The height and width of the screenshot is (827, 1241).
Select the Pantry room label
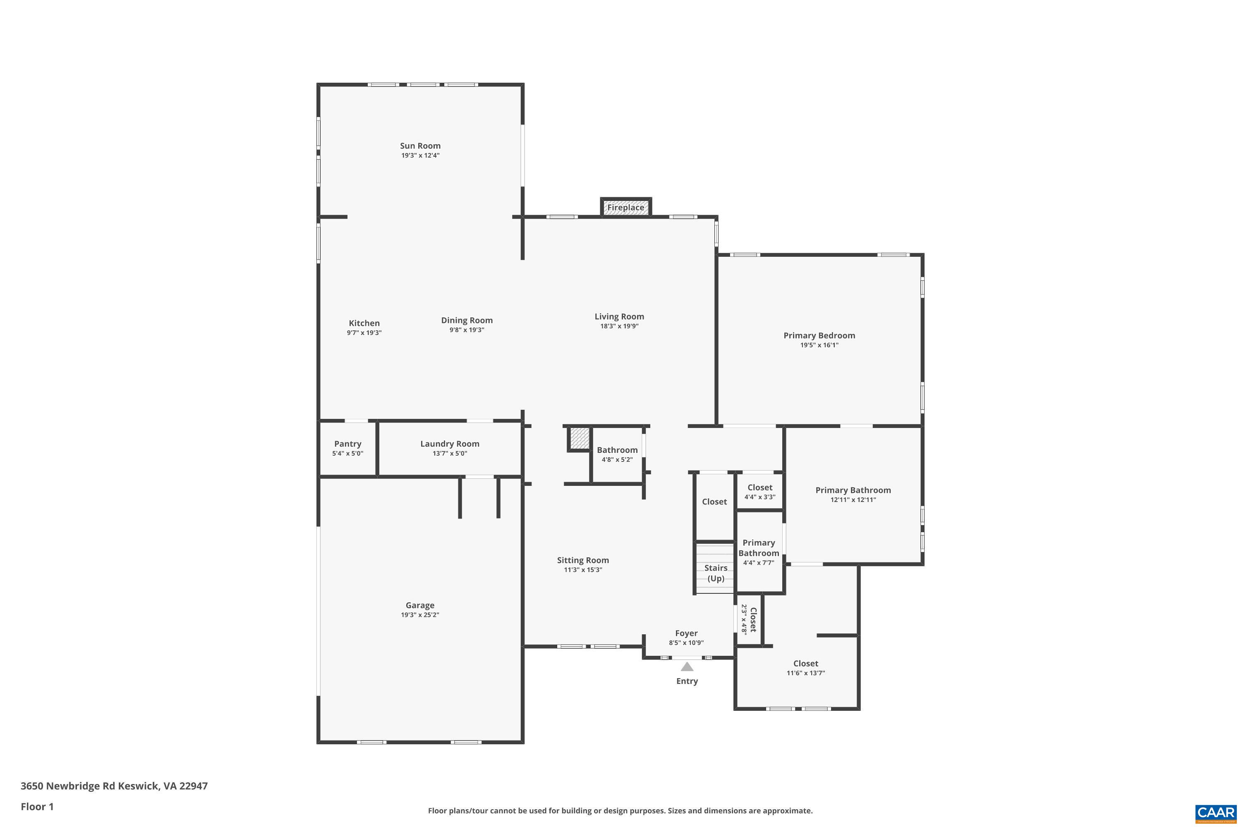coord(348,444)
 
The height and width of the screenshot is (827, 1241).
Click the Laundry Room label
coord(450,444)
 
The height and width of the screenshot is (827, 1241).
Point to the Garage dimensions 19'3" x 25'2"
coord(420,615)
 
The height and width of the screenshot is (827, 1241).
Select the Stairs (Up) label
coord(716,573)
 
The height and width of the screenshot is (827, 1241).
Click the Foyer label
coord(686,633)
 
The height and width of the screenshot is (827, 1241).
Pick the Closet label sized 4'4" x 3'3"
coord(760,488)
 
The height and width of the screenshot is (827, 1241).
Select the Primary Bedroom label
coord(819,335)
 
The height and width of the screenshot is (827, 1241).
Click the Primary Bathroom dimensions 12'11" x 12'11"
coord(853,500)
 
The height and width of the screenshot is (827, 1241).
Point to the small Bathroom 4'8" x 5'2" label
coord(617,450)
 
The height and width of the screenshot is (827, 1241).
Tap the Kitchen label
coord(364,323)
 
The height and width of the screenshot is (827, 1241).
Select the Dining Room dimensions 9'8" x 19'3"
coord(467,330)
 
